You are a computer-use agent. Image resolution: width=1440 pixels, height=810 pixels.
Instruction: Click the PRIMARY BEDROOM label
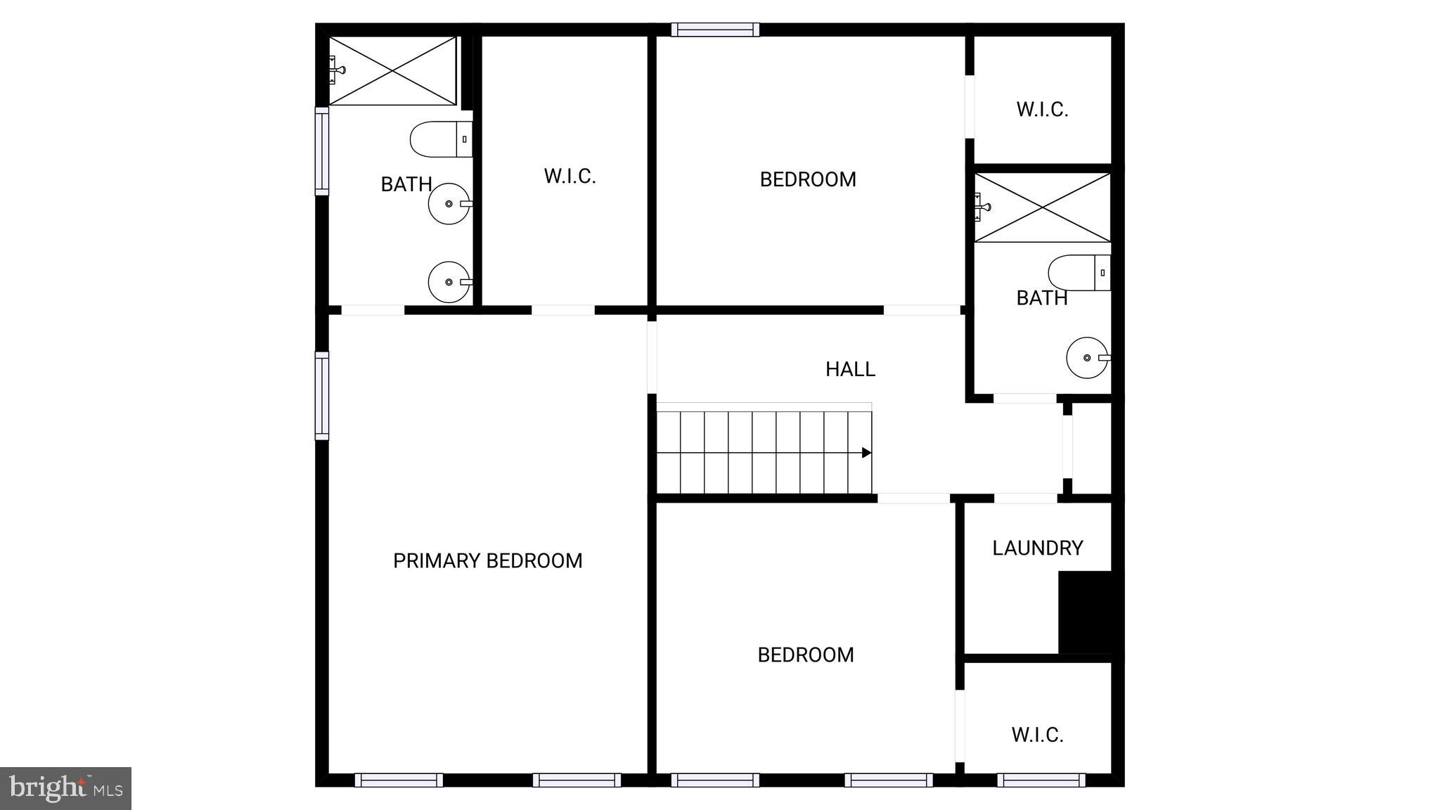tap(487, 560)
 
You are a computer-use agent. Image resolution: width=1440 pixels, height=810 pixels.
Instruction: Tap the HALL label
tap(850, 369)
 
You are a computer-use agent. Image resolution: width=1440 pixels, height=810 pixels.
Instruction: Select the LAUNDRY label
tap(1037, 548)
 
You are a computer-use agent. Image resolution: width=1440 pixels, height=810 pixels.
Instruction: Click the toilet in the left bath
tap(440, 139)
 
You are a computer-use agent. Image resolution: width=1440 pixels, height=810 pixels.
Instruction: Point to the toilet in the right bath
tap(1079, 273)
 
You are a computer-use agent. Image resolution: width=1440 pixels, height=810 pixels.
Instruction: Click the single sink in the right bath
tap(1087, 358)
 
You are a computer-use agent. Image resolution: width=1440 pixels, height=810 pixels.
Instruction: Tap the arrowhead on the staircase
tap(866, 453)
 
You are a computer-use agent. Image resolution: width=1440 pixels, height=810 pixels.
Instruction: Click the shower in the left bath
tap(392, 71)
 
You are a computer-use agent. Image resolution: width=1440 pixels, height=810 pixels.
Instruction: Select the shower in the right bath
tap(1042, 207)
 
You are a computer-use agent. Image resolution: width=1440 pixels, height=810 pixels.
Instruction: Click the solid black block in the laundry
tap(1085, 612)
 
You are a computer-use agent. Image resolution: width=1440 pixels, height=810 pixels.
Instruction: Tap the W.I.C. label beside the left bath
tap(570, 176)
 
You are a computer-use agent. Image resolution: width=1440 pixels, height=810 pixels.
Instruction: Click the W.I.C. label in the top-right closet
tap(1042, 110)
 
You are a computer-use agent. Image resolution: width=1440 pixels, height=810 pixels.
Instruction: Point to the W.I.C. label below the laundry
tap(1037, 735)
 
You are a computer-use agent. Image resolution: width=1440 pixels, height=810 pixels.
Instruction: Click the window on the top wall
tap(715, 30)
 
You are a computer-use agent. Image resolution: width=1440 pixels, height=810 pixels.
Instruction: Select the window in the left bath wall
tap(321, 151)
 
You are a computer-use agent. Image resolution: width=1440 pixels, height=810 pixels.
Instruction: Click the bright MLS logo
tap(65, 788)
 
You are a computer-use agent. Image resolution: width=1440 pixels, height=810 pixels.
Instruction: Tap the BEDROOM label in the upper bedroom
tap(808, 179)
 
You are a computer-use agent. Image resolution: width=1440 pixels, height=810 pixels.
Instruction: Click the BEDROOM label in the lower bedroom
tap(806, 655)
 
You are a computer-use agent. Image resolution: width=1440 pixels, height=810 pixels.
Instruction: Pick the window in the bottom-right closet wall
tap(1041, 780)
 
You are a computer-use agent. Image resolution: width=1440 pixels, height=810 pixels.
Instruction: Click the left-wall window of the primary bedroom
tap(321, 396)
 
